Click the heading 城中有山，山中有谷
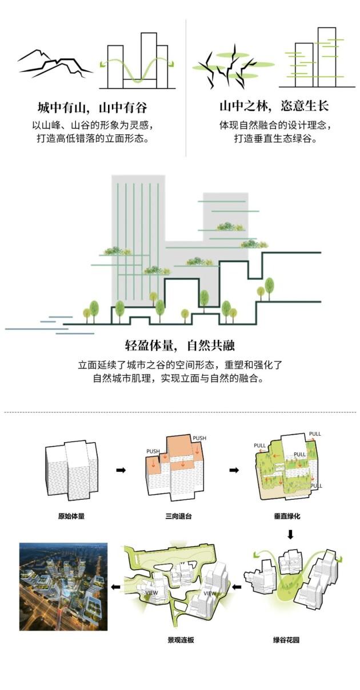tap(93, 107)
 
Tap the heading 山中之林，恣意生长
tap(274, 106)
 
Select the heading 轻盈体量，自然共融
tap(180, 346)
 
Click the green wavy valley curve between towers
tap(137, 70)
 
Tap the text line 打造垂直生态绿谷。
tap(276, 138)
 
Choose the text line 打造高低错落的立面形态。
tap(93, 138)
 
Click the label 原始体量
tap(71, 516)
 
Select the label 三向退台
tap(178, 516)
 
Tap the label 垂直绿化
tap(287, 516)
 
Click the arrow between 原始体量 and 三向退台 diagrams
tap(121, 470)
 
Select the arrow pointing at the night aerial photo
tap(115, 587)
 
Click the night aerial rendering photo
tap(63, 587)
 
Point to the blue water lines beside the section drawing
tap(49, 325)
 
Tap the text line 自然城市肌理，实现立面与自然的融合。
tap(179, 378)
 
